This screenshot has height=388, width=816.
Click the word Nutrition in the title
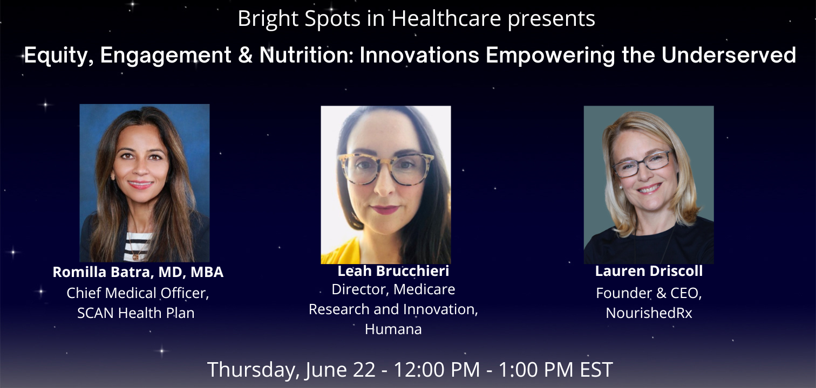pyautogui.click(x=306, y=55)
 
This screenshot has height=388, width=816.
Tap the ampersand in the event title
pyautogui.click(x=245, y=56)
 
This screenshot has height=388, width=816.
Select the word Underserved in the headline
pyautogui.click(x=729, y=55)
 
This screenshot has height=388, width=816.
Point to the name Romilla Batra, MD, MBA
pyautogui.click(x=138, y=272)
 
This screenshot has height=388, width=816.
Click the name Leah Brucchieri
pyautogui.click(x=393, y=271)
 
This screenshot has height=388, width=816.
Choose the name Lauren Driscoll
pyautogui.click(x=649, y=271)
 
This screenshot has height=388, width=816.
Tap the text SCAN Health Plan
pyautogui.click(x=135, y=313)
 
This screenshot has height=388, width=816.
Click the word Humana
pyautogui.click(x=393, y=329)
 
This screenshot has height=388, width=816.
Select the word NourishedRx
pyautogui.click(x=649, y=313)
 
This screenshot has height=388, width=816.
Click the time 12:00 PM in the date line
pyautogui.click(x=437, y=370)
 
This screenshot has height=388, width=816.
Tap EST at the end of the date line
pyautogui.click(x=596, y=370)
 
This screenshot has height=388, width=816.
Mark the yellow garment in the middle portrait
pyautogui.click(x=342, y=251)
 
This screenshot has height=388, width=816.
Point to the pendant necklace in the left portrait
pyautogui.click(x=136, y=257)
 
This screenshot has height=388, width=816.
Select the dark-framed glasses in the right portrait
pyautogui.click(x=642, y=164)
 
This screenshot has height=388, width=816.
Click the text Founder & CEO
pyautogui.click(x=649, y=293)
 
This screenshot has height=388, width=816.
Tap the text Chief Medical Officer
pyautogui.click(x=138, y=293)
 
